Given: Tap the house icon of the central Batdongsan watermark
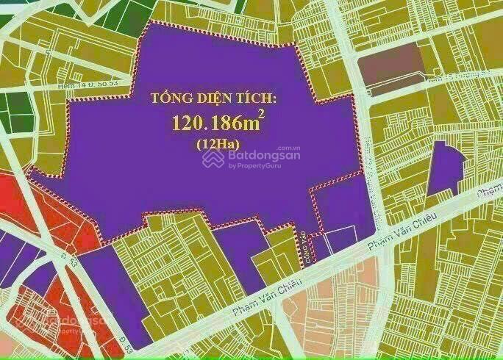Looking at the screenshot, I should click(x=213, y=159).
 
